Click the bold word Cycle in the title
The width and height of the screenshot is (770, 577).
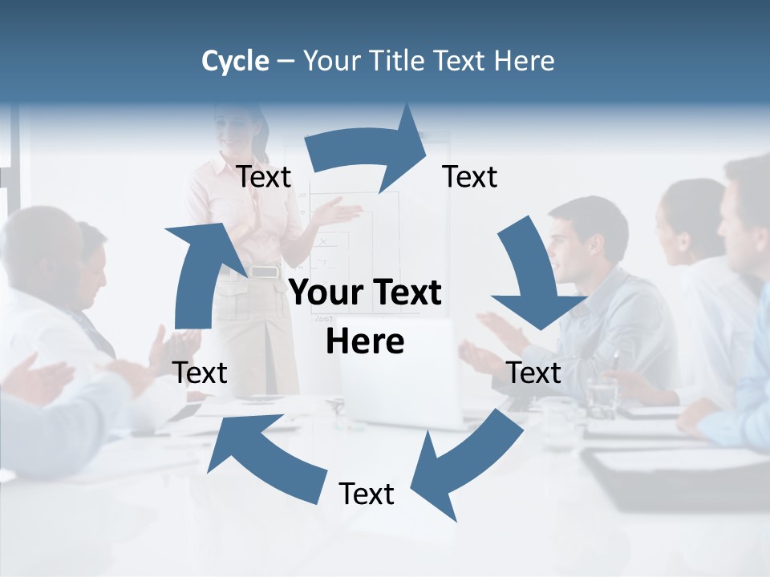[x=235, y=61]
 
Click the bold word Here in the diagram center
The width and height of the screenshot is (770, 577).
[x=365, y=341]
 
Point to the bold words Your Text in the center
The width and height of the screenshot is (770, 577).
[x=365, y=293]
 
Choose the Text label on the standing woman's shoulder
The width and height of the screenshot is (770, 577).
[x=264, y=177]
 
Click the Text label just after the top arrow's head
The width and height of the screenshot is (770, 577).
[x=470, y=177]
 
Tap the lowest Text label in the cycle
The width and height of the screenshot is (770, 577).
[x=367, y=494]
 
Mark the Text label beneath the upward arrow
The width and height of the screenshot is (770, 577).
[x=200, y=373]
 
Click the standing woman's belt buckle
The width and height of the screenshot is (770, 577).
[x=263, y=272]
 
